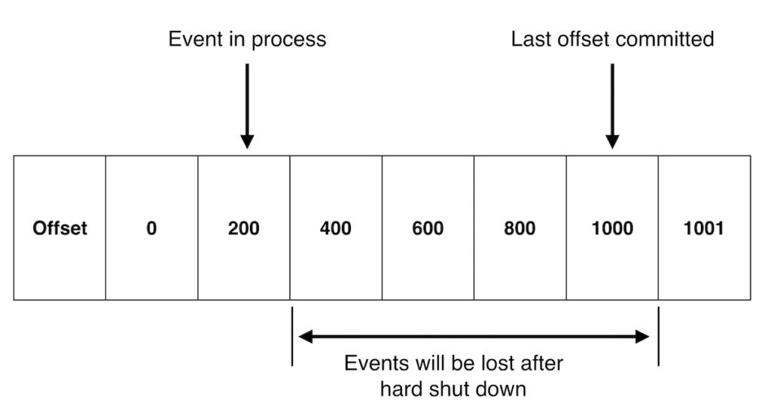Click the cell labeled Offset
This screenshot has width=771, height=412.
point(59,228)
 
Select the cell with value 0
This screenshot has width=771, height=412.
point(151,228)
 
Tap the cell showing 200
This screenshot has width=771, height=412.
point(243,228)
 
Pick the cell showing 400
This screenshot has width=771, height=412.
point(335,228)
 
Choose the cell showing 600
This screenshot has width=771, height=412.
point(428,228)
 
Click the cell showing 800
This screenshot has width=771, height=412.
point(520,228)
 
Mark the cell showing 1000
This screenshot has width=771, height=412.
point(612,228)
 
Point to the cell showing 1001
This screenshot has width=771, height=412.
point(704,228)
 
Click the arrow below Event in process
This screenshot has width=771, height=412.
point(247,105)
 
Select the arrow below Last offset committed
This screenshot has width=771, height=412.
point(612,105)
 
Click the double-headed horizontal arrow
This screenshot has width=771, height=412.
point(474,337)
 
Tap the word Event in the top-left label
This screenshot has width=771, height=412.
point(189,40)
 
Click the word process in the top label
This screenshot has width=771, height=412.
point(288,41)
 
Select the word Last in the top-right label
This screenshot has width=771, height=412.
point(529,40)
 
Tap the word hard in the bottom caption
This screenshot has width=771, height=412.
point(400,389)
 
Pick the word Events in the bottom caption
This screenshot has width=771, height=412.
point(375,364)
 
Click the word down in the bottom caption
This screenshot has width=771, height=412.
point(504,389)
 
